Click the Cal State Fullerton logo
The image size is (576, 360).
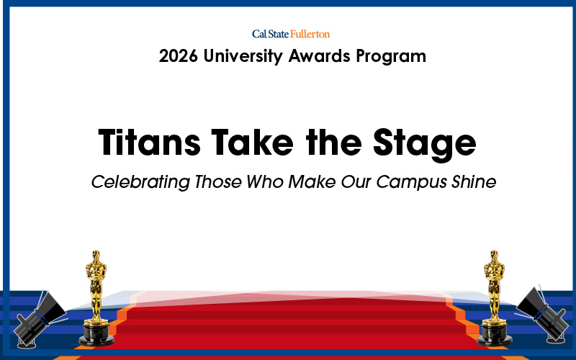(x=291, y=34)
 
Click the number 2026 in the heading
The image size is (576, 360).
(x=179, y=56)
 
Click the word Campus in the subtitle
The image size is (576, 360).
(x=417, y=182)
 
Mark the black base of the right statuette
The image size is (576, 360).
(x=495, y=335)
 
